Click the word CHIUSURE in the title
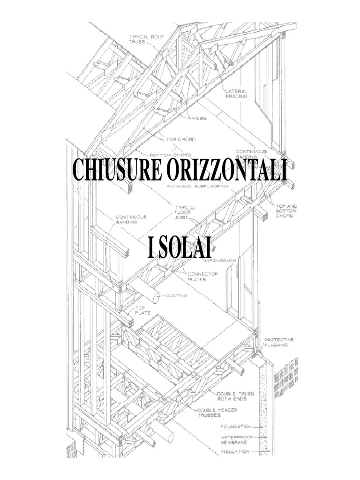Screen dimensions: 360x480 point(115,171)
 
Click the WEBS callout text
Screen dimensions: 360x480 point(199,119)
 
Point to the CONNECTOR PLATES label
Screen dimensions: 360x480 point(202,277)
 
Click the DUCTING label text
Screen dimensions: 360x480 point(177,296)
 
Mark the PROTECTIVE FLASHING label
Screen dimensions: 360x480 point(279,342)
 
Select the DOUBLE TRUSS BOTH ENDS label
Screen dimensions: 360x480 point(235,396)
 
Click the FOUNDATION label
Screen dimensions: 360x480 point(235,427)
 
